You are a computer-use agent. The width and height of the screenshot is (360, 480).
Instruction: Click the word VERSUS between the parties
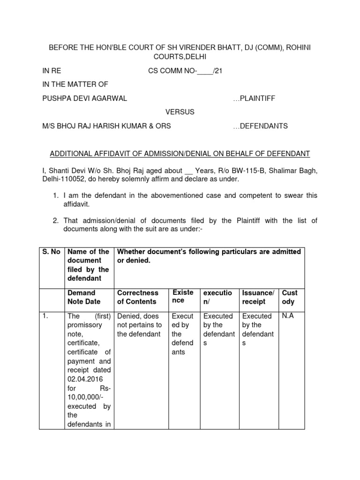click(x=180, y=112)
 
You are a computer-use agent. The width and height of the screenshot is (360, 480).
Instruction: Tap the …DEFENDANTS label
click(x=260, y=126)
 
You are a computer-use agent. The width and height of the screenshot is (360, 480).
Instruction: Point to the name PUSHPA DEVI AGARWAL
click(x=84, y=98)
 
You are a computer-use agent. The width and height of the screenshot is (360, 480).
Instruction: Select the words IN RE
click(x=52, y=71)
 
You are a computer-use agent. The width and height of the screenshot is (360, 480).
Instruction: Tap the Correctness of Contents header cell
click(x=138, y=297)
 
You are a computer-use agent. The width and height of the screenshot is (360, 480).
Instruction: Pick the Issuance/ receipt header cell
click(x=257, y=297)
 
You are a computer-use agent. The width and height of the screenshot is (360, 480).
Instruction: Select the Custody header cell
click(x=290, y=297)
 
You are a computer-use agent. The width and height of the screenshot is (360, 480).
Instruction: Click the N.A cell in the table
click(x=287, y=316)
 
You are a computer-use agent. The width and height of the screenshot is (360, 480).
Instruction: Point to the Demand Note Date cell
click(x=84, y=297)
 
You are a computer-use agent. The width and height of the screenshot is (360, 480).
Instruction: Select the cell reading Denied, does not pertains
click(x=139, y=325)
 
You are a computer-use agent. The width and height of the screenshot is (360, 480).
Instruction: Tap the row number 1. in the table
click(x=45, y=316)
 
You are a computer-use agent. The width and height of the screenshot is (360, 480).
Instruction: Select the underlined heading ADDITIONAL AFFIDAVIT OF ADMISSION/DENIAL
click(x=180, y=154)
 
